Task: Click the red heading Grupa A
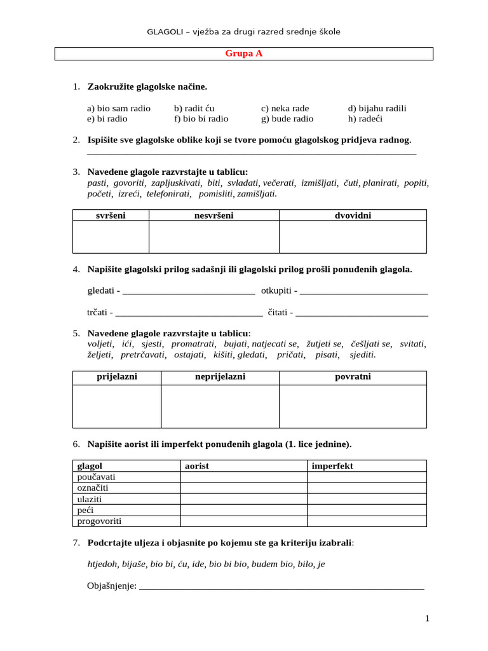tap(243, 54)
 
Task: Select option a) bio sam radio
tap(119, 108)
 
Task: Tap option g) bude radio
tap(287, 119)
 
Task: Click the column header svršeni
tap(111, 216)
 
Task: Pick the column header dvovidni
tap(353, 216)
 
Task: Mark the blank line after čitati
tap(362, 312)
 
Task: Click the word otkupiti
tap(276, 291)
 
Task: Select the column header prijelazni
tap(117, 378)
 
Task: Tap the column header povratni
tap(353, 378)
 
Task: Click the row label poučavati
tap(97, 477)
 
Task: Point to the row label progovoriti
tap(99, 521)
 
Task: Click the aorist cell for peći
tap(243, 511)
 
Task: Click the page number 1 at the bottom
tap(428, 619)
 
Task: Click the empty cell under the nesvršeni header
tap(213, 236)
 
